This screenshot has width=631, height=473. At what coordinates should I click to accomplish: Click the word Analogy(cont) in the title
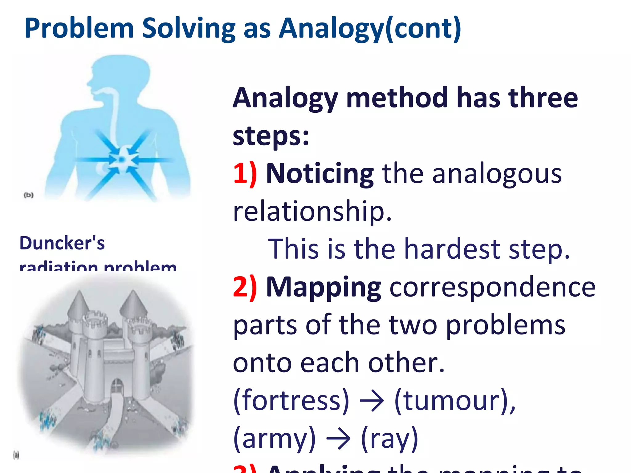tap(370, 28)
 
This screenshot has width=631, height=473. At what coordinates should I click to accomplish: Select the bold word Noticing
tap(320, 174)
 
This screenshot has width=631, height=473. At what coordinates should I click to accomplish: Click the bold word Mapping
tap(323, 287)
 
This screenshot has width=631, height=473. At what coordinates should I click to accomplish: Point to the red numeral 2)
tap(245, 287)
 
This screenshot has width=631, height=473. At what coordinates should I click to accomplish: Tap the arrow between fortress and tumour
tap(372, 401)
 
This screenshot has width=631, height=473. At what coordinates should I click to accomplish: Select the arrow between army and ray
tap(338, 439)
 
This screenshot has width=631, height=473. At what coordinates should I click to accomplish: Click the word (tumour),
tap(455, 401)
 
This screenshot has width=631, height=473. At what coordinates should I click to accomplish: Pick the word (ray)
tap(389, 439)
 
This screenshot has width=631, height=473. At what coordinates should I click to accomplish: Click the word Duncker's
tap(62, 243)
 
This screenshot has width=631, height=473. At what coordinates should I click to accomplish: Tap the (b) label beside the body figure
tap(29, 195)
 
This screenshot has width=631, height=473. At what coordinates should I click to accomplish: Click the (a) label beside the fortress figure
tap(16, 455)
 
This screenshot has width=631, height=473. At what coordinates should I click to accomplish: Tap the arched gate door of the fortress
tap(117, 386)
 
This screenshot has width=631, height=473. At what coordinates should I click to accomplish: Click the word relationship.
tap(312, 212)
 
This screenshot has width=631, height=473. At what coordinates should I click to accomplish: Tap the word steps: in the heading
tap(271, 136)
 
